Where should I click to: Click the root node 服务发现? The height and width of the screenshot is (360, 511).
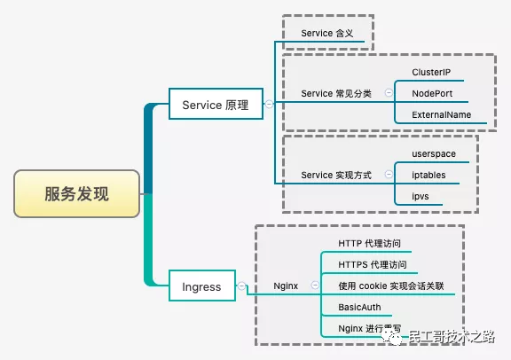pyautogui.click(x=76, y=194)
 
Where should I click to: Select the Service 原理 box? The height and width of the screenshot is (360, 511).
pyautogui.click(x=216, y=106)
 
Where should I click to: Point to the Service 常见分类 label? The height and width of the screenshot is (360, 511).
pyautogui.click(x=336, y=93)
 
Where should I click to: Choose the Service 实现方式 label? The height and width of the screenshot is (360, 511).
pyautogui.click(x=336, y=175)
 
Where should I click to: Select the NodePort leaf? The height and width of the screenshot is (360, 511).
pyautogui.click(x=435, y=93)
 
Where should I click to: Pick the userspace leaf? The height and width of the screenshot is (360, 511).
pyautogui.click(x=434, y=154)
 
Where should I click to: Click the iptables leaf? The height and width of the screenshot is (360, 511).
pyautogui.click(x=429, y=176)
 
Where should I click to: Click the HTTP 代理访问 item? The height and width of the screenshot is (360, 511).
pyautogui.click(x=375, y=243)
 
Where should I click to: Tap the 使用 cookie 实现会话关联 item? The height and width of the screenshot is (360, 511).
pyautogui.click(x=391, y=286)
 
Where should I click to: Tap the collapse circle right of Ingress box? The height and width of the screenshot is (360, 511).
pyautogui.click(x=240, y=286)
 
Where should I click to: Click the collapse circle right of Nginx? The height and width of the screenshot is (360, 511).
pyautogui.click(x=315, y=286)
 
